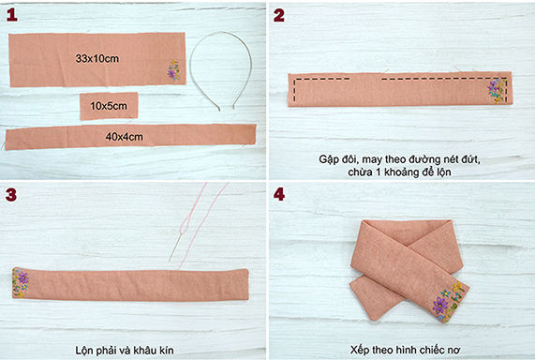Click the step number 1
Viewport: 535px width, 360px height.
coord(11,15)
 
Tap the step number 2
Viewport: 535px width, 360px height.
coord(279,15)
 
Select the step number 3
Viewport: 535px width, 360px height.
coord(11,195)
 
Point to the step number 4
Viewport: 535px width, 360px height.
coord(279,194)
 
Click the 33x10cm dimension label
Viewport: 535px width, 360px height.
coord(97,59)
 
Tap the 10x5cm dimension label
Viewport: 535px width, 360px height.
coord(109,106)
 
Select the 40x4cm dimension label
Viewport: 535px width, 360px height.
coord(125,137)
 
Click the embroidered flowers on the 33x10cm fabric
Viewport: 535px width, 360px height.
coord(173,70)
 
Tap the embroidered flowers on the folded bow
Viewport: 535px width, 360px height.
coord(449,302)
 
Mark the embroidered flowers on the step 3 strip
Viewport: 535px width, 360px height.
coord(20,283)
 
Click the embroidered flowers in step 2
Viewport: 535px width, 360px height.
coord(496,91)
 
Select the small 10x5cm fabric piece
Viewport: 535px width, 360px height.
coord(110,106)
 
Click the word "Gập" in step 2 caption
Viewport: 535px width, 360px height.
coord(329,160)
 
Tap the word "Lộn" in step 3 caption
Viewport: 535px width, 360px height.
coord(83,351)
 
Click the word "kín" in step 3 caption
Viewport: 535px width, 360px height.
coord(166,351)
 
